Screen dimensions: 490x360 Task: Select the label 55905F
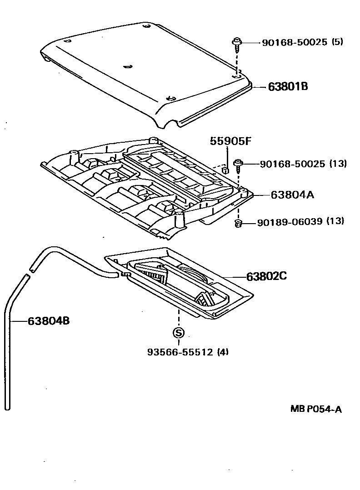[230, 141]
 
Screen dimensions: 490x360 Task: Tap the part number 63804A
[293, 195]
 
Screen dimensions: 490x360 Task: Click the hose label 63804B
[49, 321]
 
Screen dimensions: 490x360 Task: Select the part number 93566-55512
[180, 351]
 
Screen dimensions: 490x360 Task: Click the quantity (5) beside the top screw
[337, 42]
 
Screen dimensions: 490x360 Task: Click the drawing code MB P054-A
[316, 409]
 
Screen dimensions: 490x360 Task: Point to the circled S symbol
[178, 333]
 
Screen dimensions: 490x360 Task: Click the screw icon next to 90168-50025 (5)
[237, 44]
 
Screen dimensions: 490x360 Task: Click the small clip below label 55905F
[224, 170]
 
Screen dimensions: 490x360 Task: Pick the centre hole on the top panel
[128, 67]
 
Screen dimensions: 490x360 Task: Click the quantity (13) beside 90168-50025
[337, 164]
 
